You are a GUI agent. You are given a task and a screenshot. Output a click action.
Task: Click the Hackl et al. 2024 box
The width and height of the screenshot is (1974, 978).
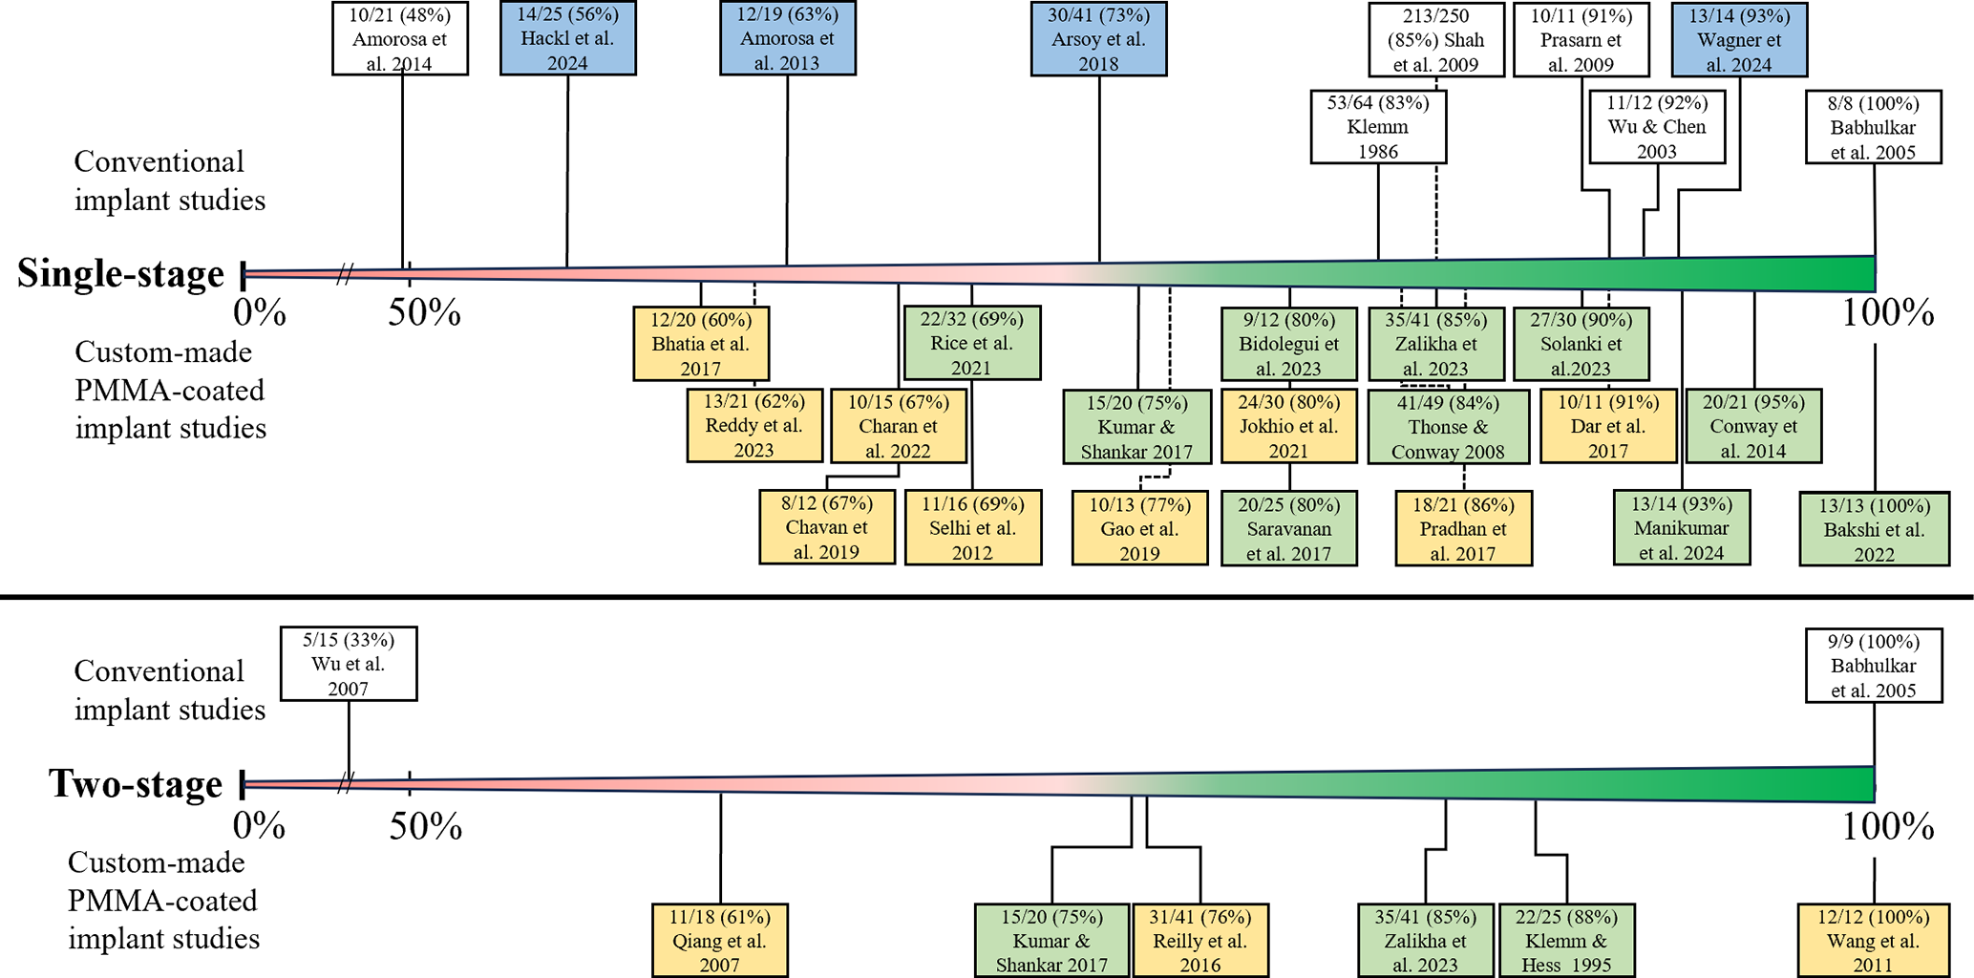[x=567, y=39]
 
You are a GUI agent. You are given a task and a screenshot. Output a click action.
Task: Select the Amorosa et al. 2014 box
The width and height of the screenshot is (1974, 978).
[x=400, y=39]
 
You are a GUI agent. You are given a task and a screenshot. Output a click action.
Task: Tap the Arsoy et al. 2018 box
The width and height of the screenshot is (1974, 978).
[x=1098, y=39]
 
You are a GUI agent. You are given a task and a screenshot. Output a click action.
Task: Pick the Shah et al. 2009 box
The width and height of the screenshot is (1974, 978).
[x=1435, y=39]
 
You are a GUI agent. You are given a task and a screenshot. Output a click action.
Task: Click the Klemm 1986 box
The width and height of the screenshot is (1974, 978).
[x=1378, y=127]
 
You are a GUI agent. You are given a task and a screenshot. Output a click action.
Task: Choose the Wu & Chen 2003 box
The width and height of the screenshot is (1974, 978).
[x=1657, y=127]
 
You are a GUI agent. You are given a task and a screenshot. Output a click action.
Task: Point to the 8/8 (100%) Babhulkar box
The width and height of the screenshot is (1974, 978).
[x=1873, y=127]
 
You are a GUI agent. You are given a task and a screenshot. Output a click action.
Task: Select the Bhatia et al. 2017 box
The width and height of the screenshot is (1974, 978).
[x=701, y=344]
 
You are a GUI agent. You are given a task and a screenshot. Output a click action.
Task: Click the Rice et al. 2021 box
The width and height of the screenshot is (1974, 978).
[x=972, y=343]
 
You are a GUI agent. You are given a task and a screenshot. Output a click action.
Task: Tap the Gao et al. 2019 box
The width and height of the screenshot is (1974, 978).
[x=1139, y=528]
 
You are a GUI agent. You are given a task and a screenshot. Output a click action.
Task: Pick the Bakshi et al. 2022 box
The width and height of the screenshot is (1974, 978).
[x=1874, y=529]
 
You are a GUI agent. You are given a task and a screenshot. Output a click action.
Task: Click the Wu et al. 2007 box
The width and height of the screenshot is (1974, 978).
[x=349, y=664]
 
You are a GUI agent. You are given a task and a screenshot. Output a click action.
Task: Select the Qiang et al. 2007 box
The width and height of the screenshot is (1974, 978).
[x=719, y=941]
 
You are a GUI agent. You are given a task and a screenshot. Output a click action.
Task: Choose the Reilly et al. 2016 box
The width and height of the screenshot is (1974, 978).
[x=1200, y=941]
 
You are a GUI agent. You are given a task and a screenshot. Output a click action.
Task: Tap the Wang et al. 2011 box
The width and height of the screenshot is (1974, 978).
[x=1873, y=941]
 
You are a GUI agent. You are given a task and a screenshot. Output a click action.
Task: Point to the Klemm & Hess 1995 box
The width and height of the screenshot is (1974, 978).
[x=1566, y=941]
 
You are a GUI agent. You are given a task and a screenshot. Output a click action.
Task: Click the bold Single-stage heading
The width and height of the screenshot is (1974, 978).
[x=121, y=274]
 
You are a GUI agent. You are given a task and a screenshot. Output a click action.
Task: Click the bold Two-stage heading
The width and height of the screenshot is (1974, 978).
[x=137, y=784]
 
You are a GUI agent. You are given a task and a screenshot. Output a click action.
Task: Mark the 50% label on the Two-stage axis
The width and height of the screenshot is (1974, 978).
[x=426, y=826]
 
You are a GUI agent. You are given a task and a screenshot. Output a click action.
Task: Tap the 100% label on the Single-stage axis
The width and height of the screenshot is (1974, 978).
[x=1888, y=313]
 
